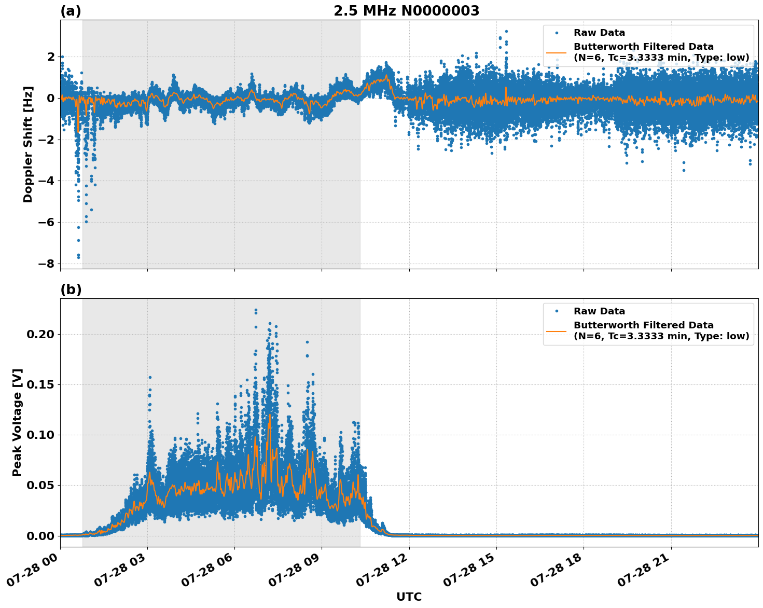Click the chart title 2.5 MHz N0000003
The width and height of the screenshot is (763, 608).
point(406,11)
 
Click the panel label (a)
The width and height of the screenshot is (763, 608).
point(71,11)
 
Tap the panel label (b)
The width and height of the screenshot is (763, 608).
point(71,289)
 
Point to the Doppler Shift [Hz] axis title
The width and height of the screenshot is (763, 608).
point(28,144)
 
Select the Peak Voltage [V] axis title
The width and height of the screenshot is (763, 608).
point(17,423)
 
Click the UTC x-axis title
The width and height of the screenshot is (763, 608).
point(409,597)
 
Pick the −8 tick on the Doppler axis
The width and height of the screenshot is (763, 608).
point(46,264)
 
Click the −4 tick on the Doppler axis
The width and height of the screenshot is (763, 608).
point(46,181)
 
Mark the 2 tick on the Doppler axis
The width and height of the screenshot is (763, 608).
point(51,57)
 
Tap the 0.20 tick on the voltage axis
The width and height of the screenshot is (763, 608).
point(40,334)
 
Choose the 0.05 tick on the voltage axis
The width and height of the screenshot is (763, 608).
point(40,486)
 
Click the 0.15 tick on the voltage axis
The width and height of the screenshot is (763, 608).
point(40,384)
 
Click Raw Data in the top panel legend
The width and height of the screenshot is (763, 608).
point(599,33)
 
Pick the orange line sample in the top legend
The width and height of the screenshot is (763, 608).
point(556,52)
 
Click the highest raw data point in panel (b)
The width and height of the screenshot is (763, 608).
point(256,310)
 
